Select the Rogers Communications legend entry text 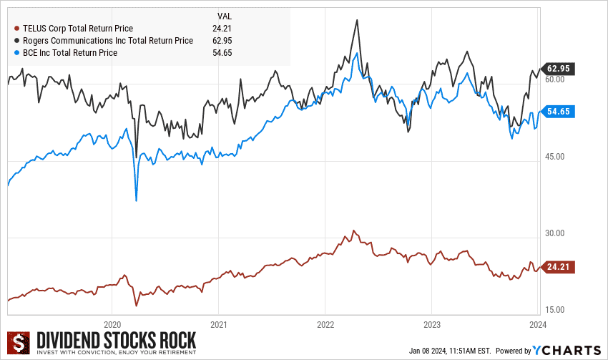coord(108,41)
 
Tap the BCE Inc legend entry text coord(69,53)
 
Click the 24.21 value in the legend coord(222,29)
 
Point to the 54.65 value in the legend coord(222,53)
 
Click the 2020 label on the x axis coord(112,323)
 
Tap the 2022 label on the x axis coord(325,323)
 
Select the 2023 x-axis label coord(431,323)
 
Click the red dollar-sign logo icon coord(17,342)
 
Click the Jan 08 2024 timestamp coord(450,351)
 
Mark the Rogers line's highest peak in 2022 coord(356,20)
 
